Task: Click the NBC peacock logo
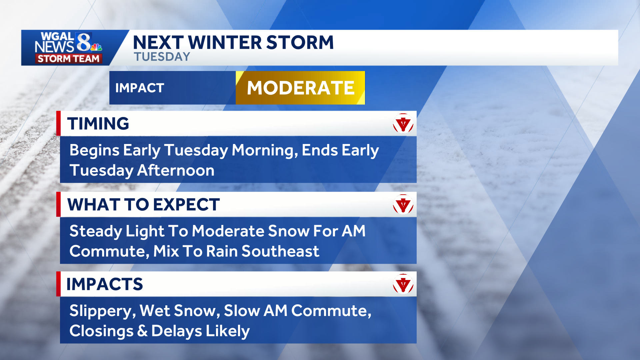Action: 96,47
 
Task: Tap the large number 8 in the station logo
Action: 84,42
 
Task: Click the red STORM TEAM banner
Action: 68,59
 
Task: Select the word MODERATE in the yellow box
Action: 301,88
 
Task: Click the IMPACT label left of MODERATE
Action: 140,88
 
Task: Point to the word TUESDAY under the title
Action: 162,57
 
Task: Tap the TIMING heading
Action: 98,123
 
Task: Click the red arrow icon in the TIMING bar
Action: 403,124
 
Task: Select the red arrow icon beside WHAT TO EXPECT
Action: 403,204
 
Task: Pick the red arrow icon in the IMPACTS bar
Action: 403,284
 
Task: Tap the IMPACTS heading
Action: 105,284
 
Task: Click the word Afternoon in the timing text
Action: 176,170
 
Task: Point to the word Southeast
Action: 280,251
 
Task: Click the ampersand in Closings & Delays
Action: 142,331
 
